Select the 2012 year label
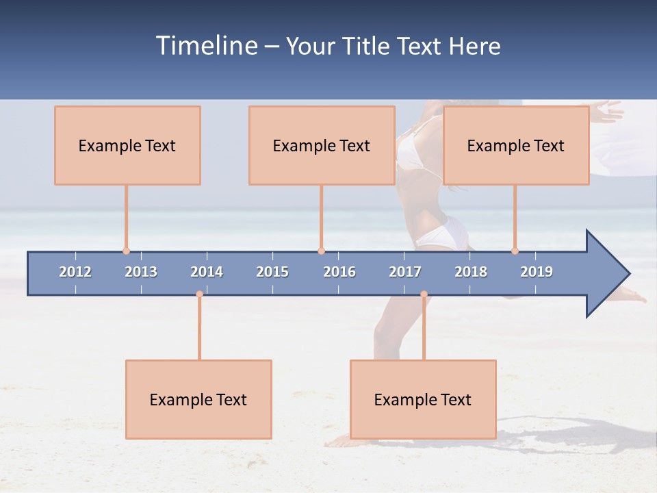pyautogui.click(x=75, y=272)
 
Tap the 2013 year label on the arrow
pyautogui.click(x=141, y=272)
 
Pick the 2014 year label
pyautogui.click(x=207, y=272)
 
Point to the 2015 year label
pyautogui.click(x=272, y=272)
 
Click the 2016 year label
pyautogui.click(x=339, y=272)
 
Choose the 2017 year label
pyautogui.click(x=405, y=272)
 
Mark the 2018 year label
pyautogui.click(x=471, y=272)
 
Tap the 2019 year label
pyautogui.click(x=537, y=272)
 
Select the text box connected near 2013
pyautogui.click(x=127, y=145)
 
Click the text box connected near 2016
pyautogui.click(x=322, y=145)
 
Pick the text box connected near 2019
pyautogui.click(x=516, y=145)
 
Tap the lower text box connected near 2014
pyautogui.click(x=198, y=399)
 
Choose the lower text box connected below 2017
pyautogui.click(x=423, y=399)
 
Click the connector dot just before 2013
pyautogui.click(x=126, y=251)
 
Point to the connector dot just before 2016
pyautogui.click(x=321, y=251)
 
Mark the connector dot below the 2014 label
pyautogui.click(x=199, y=294)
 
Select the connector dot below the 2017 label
pyautogui.click(x=424, y=294)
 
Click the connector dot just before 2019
pyautogui.click(x=515, y=251)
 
